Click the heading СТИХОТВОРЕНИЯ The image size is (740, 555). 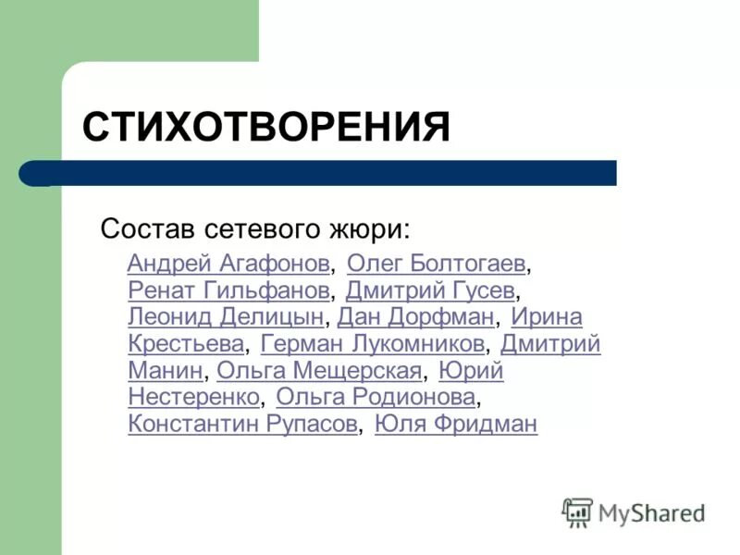pyautogui.click(x=266, y=127)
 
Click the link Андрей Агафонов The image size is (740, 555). pyautogui.click(x=228, y=264)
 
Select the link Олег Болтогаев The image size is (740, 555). pyautogui.click(x=437, y=264)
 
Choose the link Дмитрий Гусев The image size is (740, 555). pyautogui.click(x=430, y=290)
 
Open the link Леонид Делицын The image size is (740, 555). pyautogui.click(x=226, y=317)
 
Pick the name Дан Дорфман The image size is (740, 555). pyautogui.click(x=416, y=317)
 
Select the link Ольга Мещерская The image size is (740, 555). pyautogui.click(x=319, y=371)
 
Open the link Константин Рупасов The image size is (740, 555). pyautogui.click(x=242, y=425)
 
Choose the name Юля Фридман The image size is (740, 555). pyautogui.click(x=456, y=425)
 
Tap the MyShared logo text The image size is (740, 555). pyautogui.click(x=651, y=512)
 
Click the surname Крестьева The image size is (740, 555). pyautogui.click(x=186, y=344)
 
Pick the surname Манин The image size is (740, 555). pyautogui.click(x=165, y=371)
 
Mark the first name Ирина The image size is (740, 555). pyautogui.click(x=547, y=317)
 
